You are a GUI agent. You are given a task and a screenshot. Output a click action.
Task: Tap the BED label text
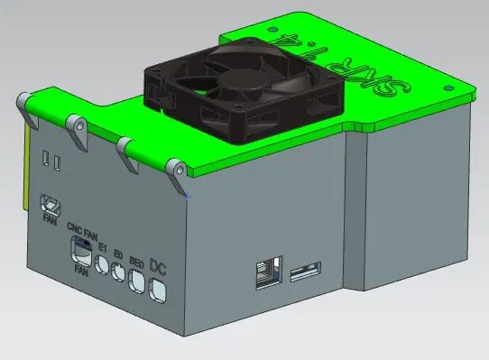136,262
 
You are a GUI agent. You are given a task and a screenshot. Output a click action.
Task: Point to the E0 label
119,256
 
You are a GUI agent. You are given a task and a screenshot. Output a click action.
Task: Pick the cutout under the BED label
137,282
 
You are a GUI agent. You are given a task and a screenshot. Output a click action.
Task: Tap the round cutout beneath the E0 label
119,273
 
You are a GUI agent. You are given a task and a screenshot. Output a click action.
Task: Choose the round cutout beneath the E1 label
103,266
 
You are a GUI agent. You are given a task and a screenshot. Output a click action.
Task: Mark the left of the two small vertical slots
45,160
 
